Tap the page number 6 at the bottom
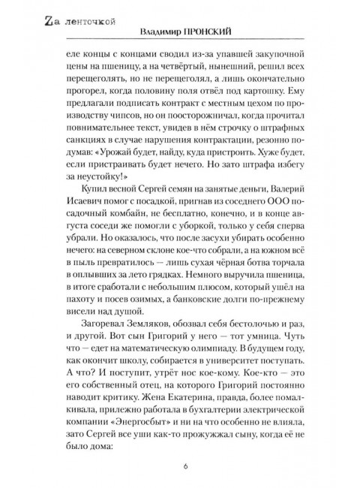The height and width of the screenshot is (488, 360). [184, 465]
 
